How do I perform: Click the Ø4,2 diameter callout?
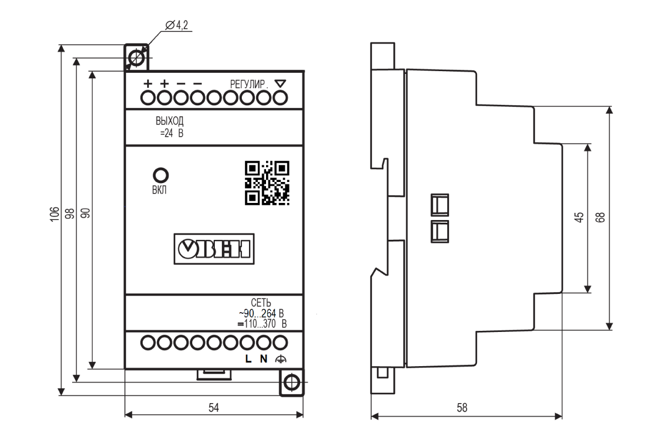[176, 25]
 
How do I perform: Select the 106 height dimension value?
[55, 214]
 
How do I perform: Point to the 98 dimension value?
[70, 213]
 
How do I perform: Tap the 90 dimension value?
[85, 213]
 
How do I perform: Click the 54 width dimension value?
[214, 408]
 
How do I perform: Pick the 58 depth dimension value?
[462, 408]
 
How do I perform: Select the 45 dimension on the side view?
[579, 217]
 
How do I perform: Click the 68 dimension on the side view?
[600, 217]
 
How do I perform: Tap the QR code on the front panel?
[267, 183]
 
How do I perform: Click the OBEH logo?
[214, 249]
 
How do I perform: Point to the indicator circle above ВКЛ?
[161, 175]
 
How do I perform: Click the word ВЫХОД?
[170, 121]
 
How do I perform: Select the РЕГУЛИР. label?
[250, 84]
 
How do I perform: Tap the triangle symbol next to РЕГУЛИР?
[280, 83]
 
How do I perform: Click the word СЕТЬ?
[261, 303]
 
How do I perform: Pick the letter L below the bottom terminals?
[248, 359]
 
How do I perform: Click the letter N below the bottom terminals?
[263, 359]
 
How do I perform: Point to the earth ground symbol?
[280, 359]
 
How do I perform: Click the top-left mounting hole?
[137, 58]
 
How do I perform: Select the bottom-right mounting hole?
[292, 382]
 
